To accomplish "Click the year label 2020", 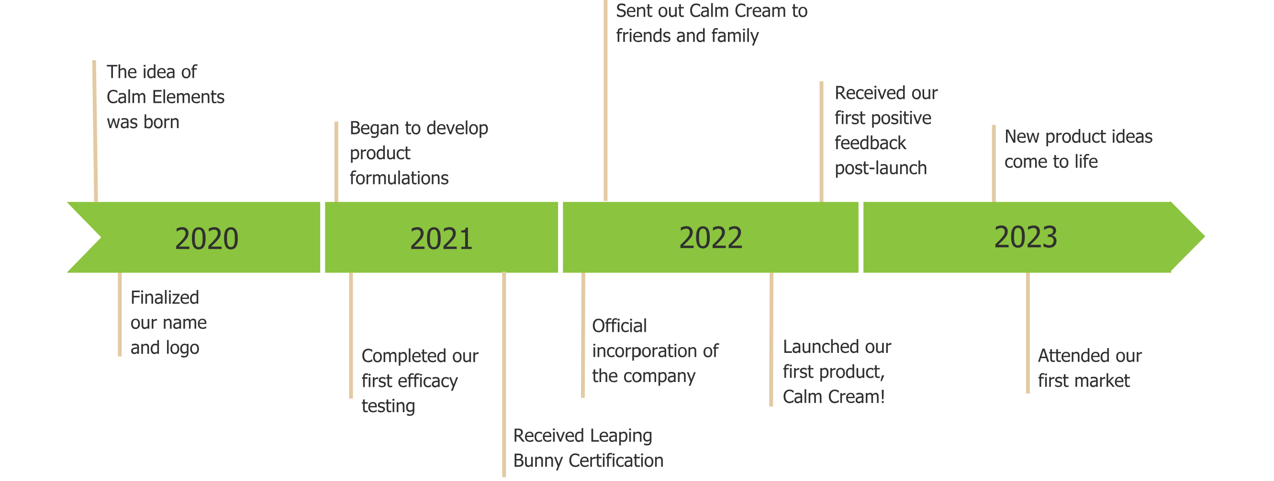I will (206, 239).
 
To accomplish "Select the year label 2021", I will (441, 239).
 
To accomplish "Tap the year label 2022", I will (710, 238).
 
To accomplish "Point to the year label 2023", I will (1025, 237).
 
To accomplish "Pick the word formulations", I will (399, 178).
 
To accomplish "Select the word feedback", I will (870, 143).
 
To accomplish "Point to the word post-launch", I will (880, 169).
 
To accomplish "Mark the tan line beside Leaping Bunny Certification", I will (504, 376).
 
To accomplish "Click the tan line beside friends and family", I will (605, 99).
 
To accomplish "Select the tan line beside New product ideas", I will (994, 163).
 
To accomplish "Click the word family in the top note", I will (735, 36).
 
